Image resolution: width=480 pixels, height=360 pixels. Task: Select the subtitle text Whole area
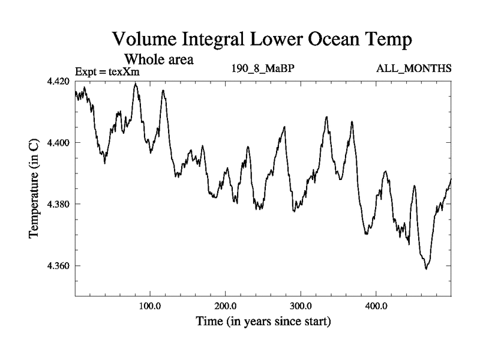[158, 59]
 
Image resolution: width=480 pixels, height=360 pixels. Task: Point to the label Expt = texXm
[107, 72]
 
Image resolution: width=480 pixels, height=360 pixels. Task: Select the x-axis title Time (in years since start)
[263, 322]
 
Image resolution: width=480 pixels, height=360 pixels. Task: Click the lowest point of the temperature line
[426, 268]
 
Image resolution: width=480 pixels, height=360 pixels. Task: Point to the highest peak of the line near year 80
[136, 84]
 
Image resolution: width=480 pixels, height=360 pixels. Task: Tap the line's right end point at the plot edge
[451, 179]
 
